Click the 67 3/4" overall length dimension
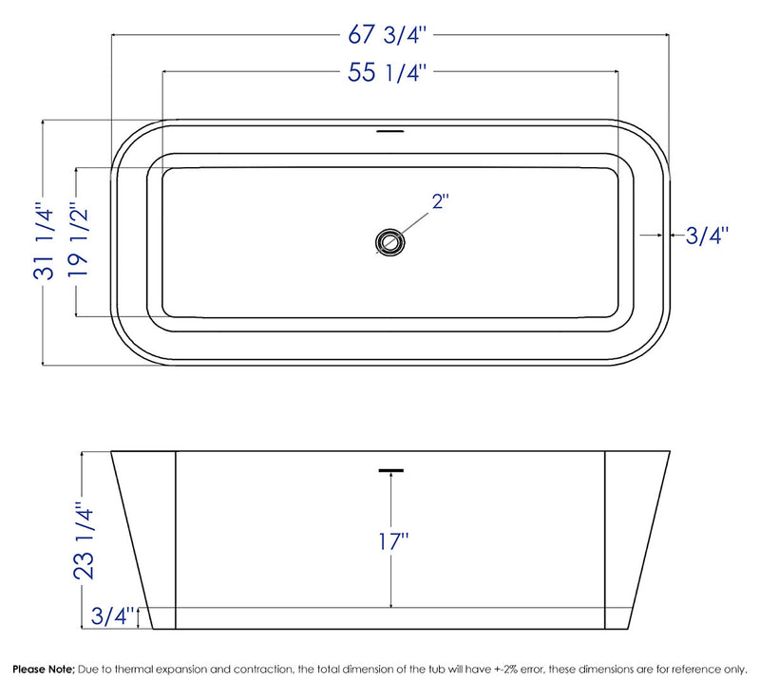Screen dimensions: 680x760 tap(390, 36)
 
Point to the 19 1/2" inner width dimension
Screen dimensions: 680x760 tap(78, 241)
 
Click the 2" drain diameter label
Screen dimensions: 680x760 tap(440, 201)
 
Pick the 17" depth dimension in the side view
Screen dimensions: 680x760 tap(390, 542)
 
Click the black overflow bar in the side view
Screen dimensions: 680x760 tap(390, 469)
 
